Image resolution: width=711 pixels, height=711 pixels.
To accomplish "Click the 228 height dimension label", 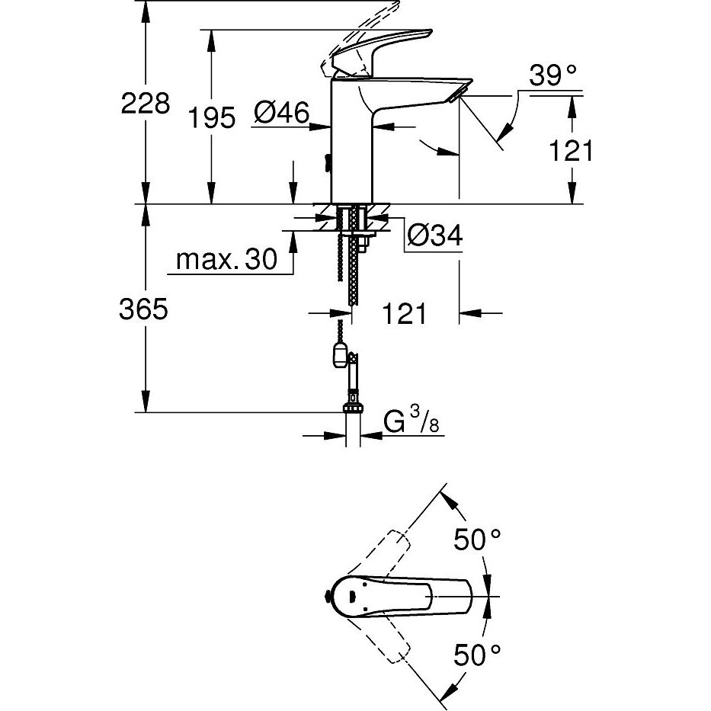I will (x=146, y=104).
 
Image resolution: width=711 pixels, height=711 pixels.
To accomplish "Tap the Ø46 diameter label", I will (x=281, y=115).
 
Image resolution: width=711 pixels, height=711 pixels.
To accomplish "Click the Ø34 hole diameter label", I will (x=435, y=236).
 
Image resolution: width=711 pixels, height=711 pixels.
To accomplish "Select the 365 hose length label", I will (x=144, y=309).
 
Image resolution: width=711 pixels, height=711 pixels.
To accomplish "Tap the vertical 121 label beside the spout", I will (x=571, y=150).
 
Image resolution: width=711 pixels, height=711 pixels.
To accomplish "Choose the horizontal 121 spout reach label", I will (x=405, y=313).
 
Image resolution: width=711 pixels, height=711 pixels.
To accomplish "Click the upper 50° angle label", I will (x=478, y=540).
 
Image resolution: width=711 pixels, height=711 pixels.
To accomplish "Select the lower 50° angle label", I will (x=478, y=653).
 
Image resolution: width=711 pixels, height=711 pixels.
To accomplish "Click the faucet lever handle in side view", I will (x=381, y=50).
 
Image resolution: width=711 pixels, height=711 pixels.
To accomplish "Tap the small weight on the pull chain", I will (x=339, y=354).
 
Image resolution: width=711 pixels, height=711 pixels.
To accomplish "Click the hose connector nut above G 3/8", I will (x=352, y=403).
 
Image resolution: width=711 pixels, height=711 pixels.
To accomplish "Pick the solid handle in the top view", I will (x=404, y=597).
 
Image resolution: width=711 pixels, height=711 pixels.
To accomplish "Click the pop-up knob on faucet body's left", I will (x=327, y=162).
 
